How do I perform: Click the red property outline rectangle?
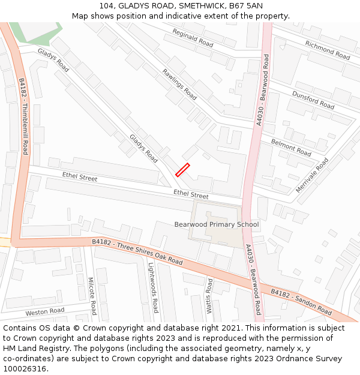point(182,170)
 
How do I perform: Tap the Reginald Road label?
point(193,38)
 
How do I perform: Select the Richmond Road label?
point(327,50)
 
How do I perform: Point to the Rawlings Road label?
point(179,85)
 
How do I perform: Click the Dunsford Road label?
point(313,100)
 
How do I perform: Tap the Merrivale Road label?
point(312,175)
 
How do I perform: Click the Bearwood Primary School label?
point(217,224)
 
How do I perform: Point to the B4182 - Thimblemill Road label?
point(23,116)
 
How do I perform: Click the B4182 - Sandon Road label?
point(301,302)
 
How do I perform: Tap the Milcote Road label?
point(92,296)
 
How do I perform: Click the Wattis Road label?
point(209,296)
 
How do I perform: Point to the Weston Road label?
point(45,311)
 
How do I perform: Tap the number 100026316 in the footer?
point(25,368)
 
